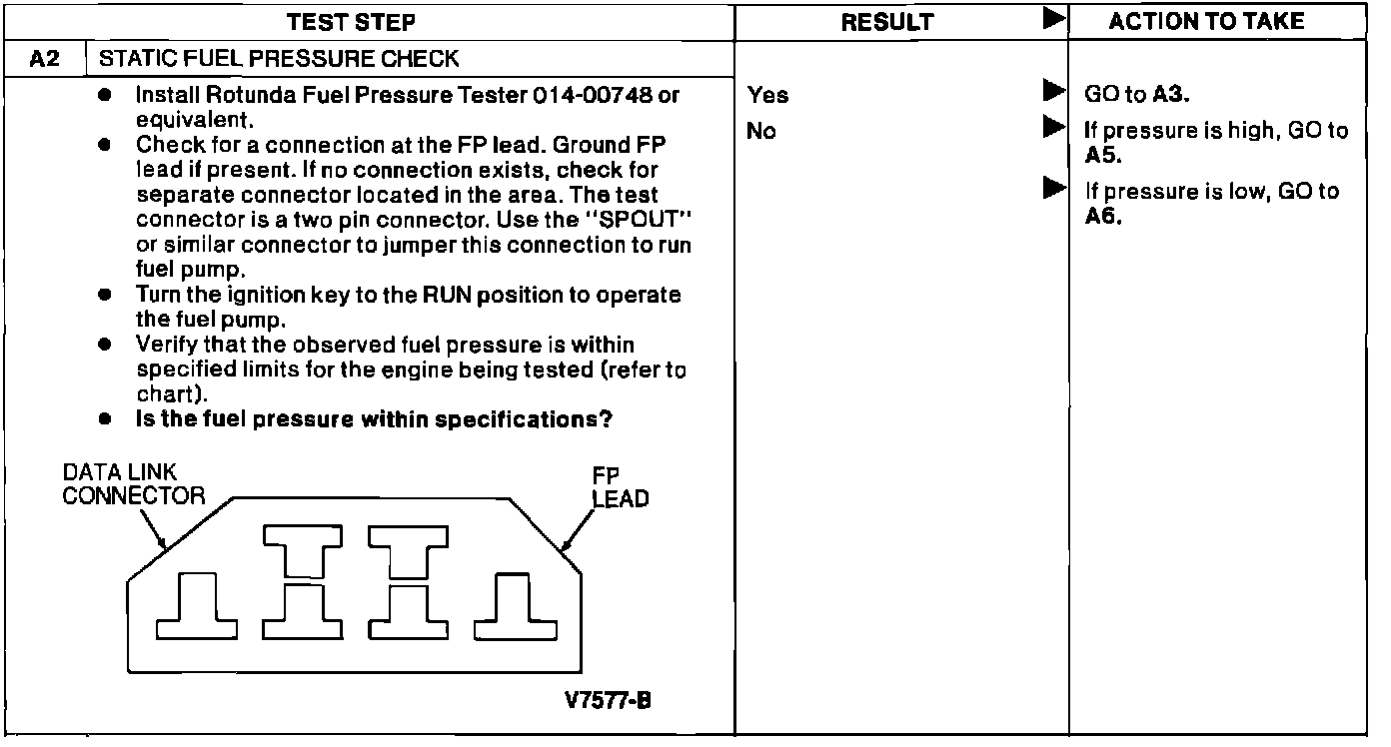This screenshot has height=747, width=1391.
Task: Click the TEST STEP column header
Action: click(351, 22)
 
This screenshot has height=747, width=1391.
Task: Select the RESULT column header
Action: click(887, 22)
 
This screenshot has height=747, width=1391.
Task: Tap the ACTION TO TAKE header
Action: click(1207, 22)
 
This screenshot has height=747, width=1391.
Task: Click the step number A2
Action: click(45, 59)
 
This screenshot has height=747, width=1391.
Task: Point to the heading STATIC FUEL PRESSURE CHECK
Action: click(279, 59)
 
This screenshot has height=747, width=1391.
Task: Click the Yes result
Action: click(767, 96)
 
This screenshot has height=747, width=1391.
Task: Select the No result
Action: click(761, 131)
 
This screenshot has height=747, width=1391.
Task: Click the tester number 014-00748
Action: click(595, 96)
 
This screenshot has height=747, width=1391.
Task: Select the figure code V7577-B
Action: click(609, 700)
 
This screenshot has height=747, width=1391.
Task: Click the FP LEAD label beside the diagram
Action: click(620, 487)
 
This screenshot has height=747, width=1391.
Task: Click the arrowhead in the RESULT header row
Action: click(1052, 20)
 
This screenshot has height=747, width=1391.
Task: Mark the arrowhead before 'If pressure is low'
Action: click(1052, 188)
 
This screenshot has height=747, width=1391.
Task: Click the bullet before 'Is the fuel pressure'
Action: click(104, 420)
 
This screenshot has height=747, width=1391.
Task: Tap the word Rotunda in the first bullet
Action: click(220, 96)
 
